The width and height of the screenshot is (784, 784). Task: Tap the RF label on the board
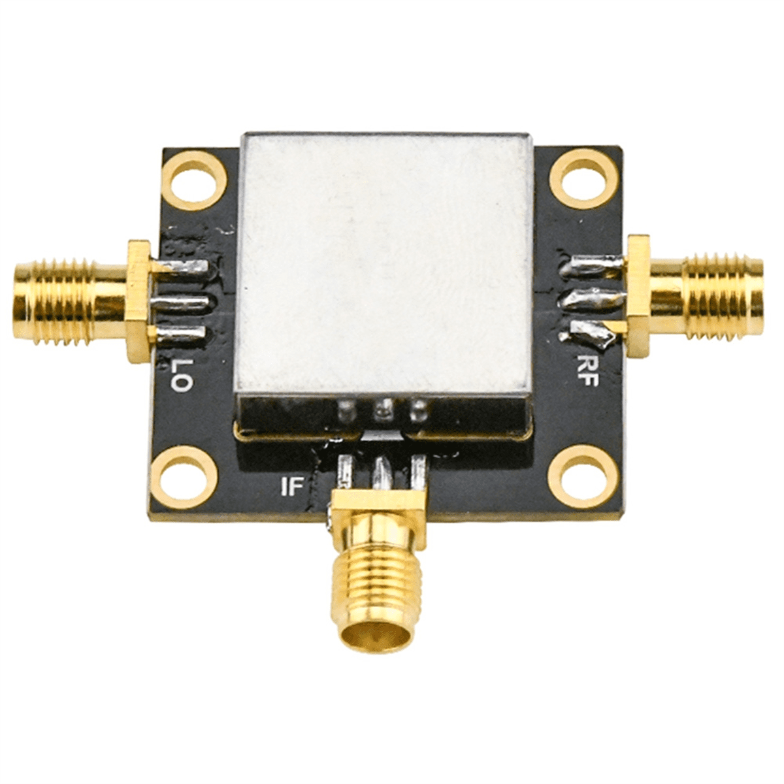click(x=587, y=370)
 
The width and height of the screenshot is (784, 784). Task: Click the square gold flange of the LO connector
click(x=139, y=300)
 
